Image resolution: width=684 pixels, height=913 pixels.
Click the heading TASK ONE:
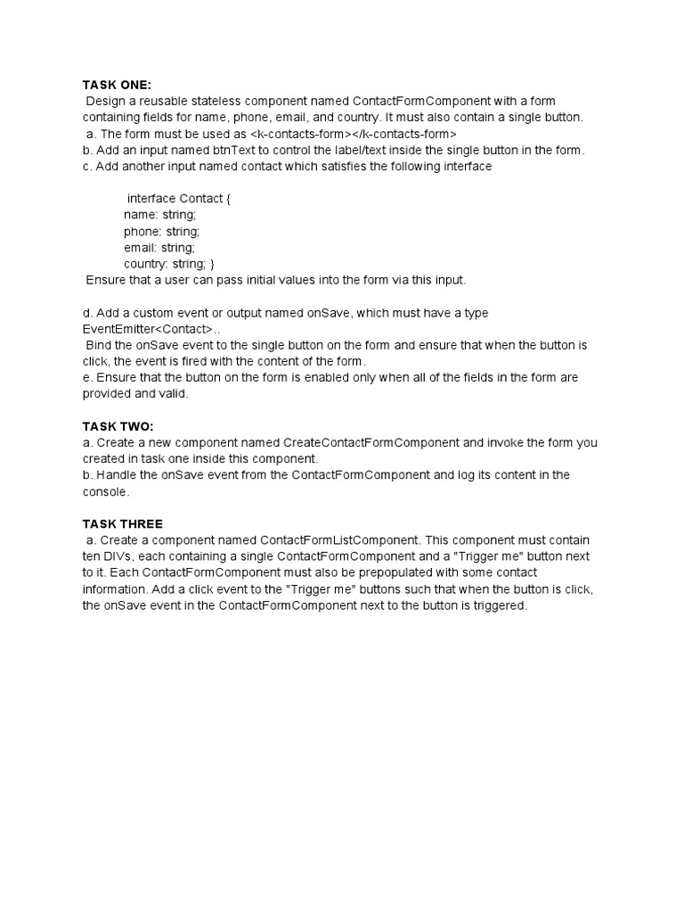point(117,85)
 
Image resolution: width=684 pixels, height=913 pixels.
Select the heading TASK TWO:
point(118,426)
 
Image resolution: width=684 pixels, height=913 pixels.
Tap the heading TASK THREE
point(123,523)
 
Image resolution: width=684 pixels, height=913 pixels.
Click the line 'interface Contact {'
point(178,199)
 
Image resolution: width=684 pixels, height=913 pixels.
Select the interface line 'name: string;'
point(160,215)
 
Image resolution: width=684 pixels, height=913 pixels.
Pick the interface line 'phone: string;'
point(162,231)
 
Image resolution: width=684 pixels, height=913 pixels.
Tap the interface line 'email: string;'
point(159,248)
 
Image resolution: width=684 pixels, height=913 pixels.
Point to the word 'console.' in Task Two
point(106,491)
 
